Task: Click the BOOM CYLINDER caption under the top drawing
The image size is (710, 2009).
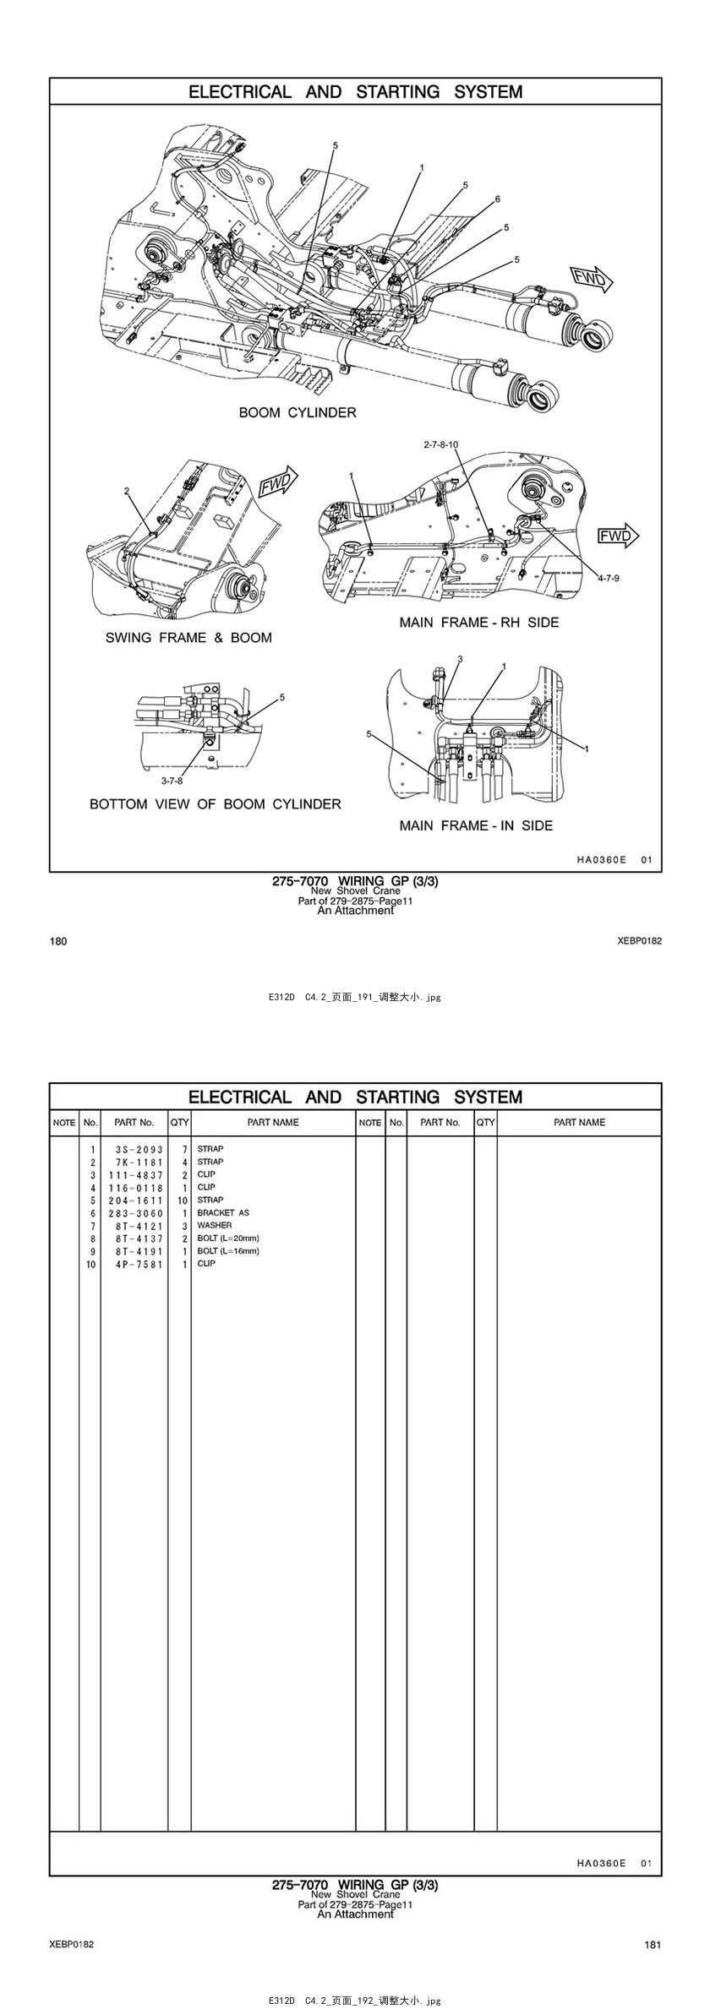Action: click(298, 413)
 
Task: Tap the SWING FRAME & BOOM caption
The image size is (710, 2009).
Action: click(188, 638)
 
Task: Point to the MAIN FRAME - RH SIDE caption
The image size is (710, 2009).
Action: click(479, 623)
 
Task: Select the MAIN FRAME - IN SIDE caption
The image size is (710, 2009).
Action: click(476, 825)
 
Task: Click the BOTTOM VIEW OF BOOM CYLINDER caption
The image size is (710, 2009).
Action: click(216, 804)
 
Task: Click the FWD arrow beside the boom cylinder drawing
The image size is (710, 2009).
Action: click(592, 278)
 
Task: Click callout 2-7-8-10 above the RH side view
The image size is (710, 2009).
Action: click(440, 444)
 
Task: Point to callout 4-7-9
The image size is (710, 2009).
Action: click(609, 579)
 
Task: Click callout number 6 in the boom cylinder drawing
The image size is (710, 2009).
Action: click(498, 199)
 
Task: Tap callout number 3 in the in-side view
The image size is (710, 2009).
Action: click(461, 658)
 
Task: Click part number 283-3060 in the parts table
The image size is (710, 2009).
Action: click(135, 1213)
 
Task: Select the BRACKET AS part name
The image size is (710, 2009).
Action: click(223, 1213)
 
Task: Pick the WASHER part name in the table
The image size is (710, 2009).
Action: click(215, 1226)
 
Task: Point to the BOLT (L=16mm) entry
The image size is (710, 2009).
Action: click(228, 1251)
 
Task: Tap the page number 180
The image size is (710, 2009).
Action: click(58, 941)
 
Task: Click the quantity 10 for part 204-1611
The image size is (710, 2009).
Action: click(182, 1200)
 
